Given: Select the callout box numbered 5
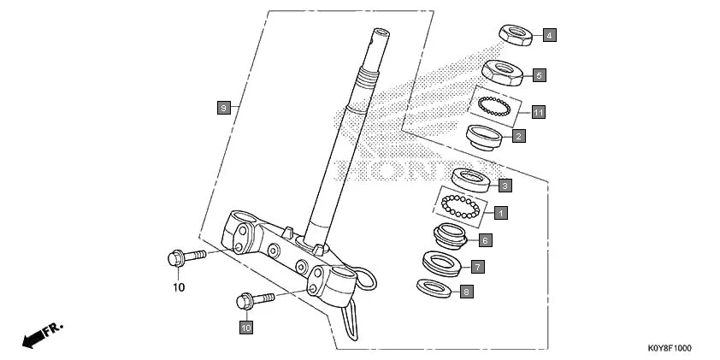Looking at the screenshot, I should [x=539, y=75].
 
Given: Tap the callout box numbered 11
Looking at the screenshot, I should [x=538, y=112].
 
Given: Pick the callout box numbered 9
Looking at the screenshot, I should [x=222, y=107].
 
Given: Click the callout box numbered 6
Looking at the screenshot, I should [x=484, y=240].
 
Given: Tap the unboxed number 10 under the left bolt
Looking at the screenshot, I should [x=179, y=287].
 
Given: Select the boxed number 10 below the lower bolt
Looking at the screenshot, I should [x=245, y=327].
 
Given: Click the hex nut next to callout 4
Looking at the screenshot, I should [x=516, y=34].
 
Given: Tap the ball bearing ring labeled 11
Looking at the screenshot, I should [x=494, y=107].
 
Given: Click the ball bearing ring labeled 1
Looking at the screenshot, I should [x=462, y=206].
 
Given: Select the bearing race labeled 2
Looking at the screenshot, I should [x=483, y=136].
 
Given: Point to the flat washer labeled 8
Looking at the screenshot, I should [x=434, y=287].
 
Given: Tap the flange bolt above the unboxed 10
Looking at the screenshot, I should [x=183, y=256].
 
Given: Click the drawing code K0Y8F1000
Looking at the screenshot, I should [x=670, y=349].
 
